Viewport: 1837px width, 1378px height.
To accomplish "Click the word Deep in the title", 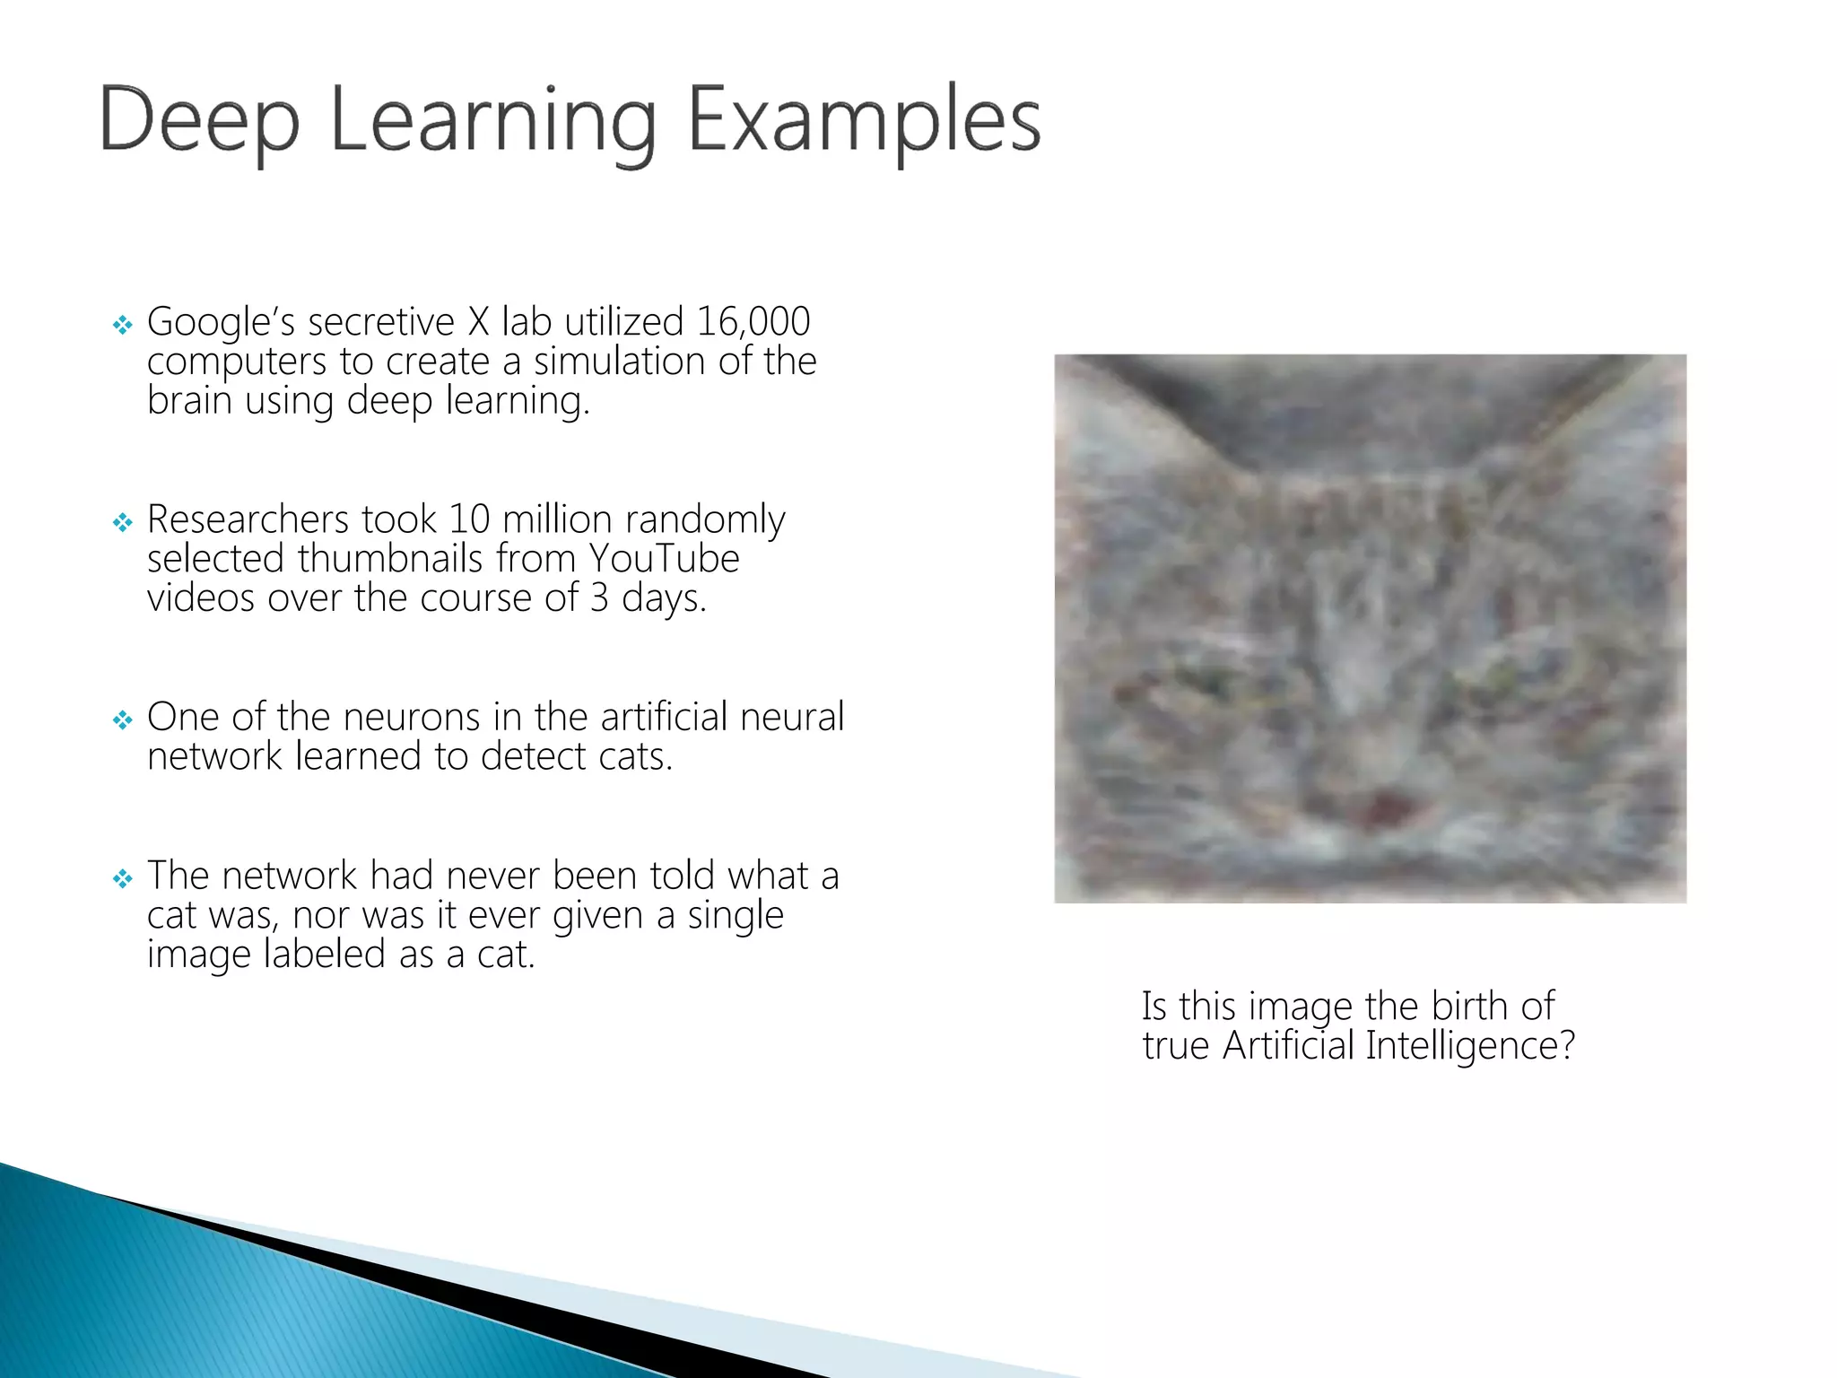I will [x=198, y=120].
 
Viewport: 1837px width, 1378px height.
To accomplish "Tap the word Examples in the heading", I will [x=863, y=120].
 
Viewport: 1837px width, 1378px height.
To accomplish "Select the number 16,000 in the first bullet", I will [x=753, y=321].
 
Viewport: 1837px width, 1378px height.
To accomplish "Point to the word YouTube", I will [x=664, y=558].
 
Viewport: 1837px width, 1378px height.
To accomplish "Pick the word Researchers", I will [x=248, y=519].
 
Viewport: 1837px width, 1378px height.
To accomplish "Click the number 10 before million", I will [x=468, y=519].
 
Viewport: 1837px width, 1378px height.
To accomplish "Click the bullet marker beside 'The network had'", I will [x=123, y=878].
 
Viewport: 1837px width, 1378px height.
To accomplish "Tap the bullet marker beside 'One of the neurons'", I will [x=123, y=720].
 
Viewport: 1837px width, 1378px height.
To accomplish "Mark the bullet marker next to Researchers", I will [x=123, y=522].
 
